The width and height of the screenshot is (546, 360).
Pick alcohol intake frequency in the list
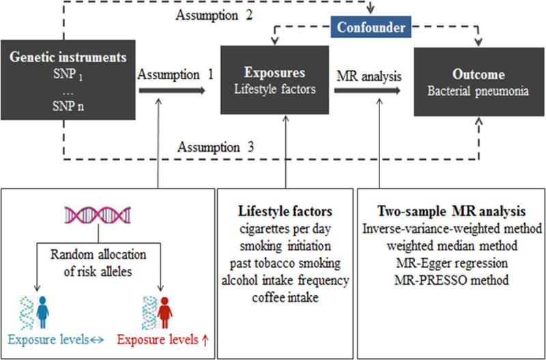[286, 281]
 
